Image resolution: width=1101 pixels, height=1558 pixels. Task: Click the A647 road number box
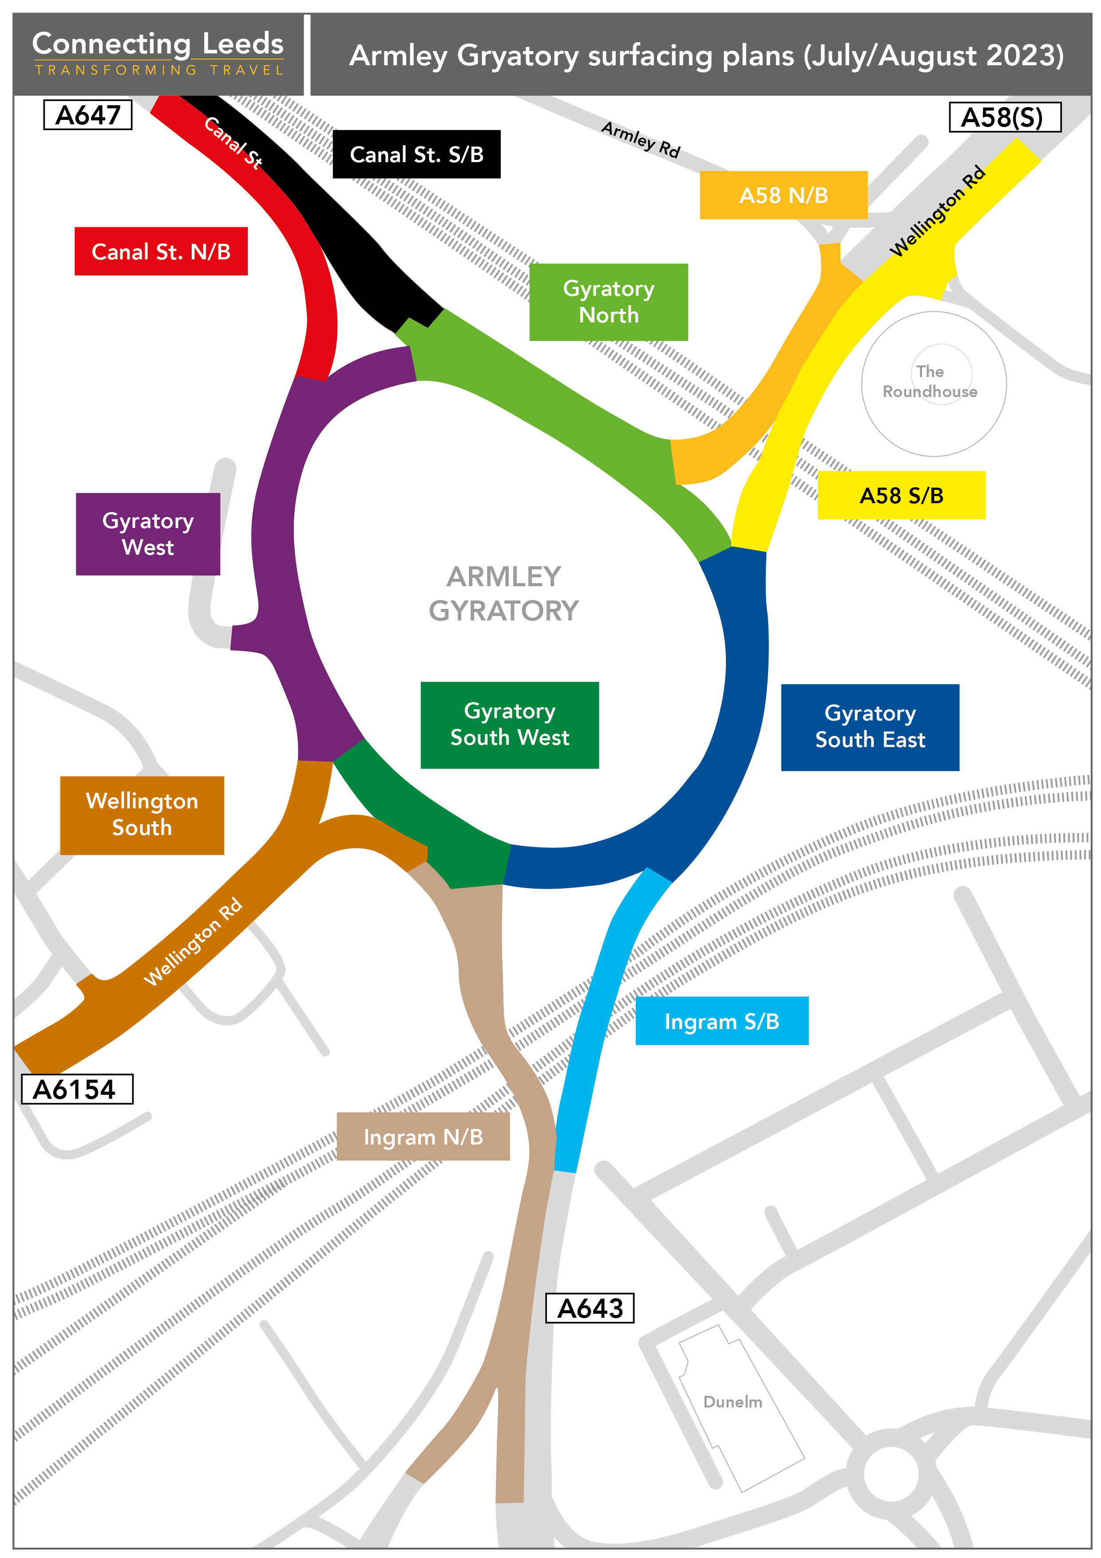point(87,115)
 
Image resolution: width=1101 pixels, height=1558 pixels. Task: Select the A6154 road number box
point(77,1089)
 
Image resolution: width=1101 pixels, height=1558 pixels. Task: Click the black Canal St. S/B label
point(416,154)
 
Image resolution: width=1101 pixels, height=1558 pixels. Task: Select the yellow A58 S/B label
point(901,495)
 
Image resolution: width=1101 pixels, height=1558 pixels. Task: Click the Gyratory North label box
point(609,302)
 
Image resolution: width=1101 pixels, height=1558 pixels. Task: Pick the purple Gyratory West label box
point(148,534)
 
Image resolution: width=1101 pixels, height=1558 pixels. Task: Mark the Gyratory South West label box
point(510,725)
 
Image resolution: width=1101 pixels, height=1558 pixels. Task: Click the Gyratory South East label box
point(870,727)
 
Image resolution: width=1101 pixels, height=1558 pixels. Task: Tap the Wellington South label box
point(142,815)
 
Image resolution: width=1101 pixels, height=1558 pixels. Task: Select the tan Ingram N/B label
point(423,1137)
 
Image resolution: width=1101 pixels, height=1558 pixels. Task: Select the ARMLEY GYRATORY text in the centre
point(503,594)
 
